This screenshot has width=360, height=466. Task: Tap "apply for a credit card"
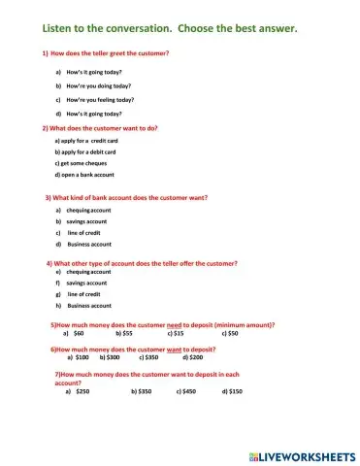point(87,141)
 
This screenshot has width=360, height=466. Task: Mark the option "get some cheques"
point(82,163)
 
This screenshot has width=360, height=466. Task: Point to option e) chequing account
point(88,273)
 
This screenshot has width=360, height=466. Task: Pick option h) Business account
point(88,305)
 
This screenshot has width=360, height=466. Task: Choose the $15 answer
point(178,333)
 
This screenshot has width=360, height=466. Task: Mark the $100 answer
point(82,356)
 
